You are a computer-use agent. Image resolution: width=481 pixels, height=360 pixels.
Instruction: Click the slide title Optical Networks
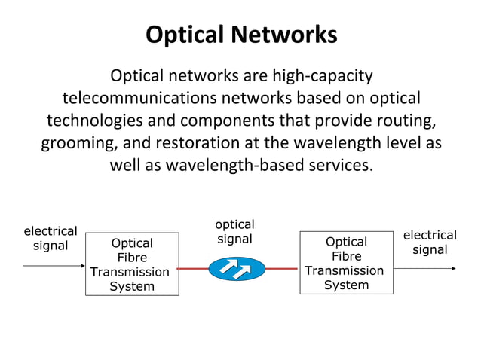(x=241, y=35)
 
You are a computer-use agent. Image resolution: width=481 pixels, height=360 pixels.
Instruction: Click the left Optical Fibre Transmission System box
(x=132, y=264)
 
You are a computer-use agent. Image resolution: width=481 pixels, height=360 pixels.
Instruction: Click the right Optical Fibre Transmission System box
(x=346, y=263)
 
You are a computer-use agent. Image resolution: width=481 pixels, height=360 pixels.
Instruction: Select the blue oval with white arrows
(x=237, y=269)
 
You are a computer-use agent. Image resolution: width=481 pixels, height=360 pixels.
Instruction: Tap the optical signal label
(x=234, y=232)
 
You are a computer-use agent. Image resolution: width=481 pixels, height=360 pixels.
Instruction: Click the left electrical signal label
(x=50, y=238)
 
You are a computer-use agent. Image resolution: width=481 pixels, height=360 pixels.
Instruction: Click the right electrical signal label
(x=430, y=243)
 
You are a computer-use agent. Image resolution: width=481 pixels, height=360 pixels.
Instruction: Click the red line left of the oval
(x=193, y=269)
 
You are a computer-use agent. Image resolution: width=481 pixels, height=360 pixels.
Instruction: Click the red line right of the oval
(x=282, y=269)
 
